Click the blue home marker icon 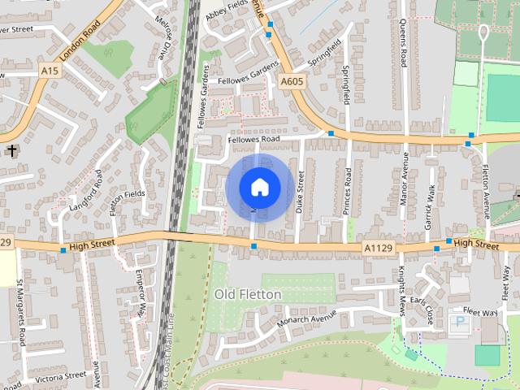[x=259, y=188]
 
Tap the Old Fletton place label [x=248, y=294]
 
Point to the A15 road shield [x=50, y=71]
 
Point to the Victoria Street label [x=60, y=377]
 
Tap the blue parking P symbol [x=461, y=322]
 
